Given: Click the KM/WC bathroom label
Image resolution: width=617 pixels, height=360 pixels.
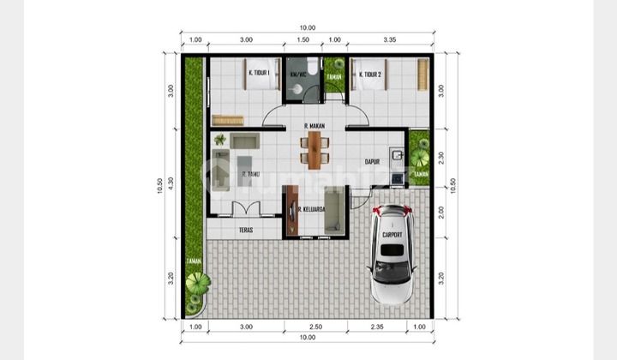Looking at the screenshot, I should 298,73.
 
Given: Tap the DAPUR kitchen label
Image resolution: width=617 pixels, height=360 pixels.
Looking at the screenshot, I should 372,159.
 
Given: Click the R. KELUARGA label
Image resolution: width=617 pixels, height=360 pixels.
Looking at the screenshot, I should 309,207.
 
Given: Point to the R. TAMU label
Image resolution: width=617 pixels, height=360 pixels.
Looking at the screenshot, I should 252,174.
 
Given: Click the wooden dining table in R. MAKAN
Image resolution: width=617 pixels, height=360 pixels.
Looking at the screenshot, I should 315,148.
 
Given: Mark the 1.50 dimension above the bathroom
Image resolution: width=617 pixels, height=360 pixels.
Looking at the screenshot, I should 303,39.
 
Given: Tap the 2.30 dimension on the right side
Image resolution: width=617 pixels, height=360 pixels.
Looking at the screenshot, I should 440,157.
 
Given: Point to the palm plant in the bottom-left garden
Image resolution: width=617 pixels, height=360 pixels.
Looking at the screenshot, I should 197,283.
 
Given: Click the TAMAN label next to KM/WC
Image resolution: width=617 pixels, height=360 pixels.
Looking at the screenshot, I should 333,76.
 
